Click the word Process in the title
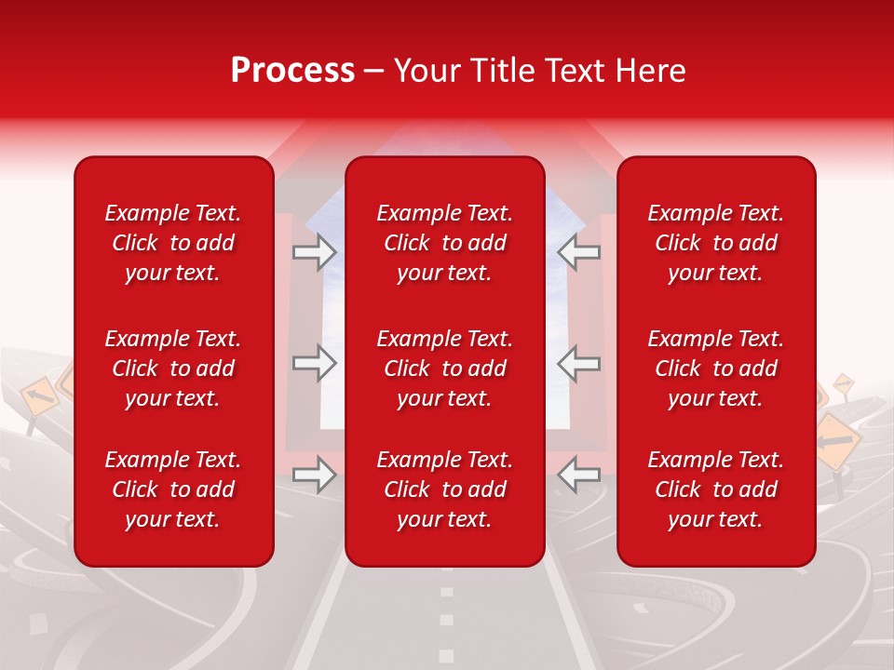(292, 71)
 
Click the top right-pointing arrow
(314, 251)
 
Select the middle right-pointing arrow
(314, 363)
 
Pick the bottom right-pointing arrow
(314, 475)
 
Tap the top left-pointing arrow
(578, 251)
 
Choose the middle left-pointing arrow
(578, 363)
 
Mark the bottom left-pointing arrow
(578, 475)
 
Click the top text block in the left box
(173, 243)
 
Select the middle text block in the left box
(173, 368)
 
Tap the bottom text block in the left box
(173, 489)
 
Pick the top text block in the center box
(445, 243)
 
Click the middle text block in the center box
(445, 368)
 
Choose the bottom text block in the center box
(445, 489)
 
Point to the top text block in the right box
(716, 243)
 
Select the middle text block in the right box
(716, 368)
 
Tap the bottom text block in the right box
(716, 489)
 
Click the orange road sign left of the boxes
(39, 398)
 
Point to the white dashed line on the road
(446, 619)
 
